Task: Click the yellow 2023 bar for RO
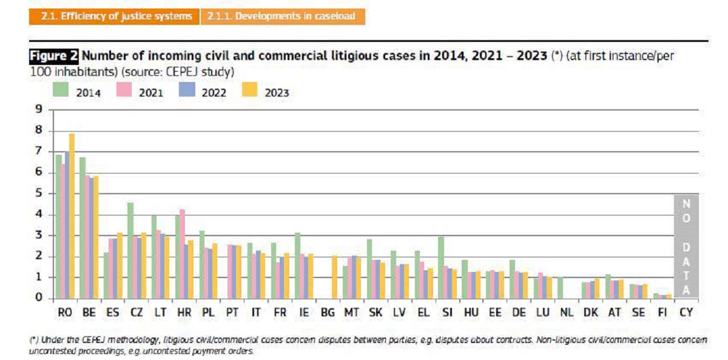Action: click(x=72, y=216)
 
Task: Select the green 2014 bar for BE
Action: click(x=82, y=228)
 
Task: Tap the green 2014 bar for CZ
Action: click(x=130, y=250)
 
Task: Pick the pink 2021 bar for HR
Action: click(x=183, y=254)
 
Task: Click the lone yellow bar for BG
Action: click(x=334, y=277)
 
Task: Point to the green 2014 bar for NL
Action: click(x=559, y=287)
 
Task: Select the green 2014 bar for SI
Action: click(x=440, y=267)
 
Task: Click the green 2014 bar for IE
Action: click(x=297, y=265)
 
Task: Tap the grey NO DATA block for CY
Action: click(x=686, y=246)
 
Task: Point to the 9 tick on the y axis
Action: click(x=39, y=110)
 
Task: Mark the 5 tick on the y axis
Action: click(x=39, y=194)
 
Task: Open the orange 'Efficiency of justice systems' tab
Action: click(x=114, y=16)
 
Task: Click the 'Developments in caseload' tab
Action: click(x=282, y=16)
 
